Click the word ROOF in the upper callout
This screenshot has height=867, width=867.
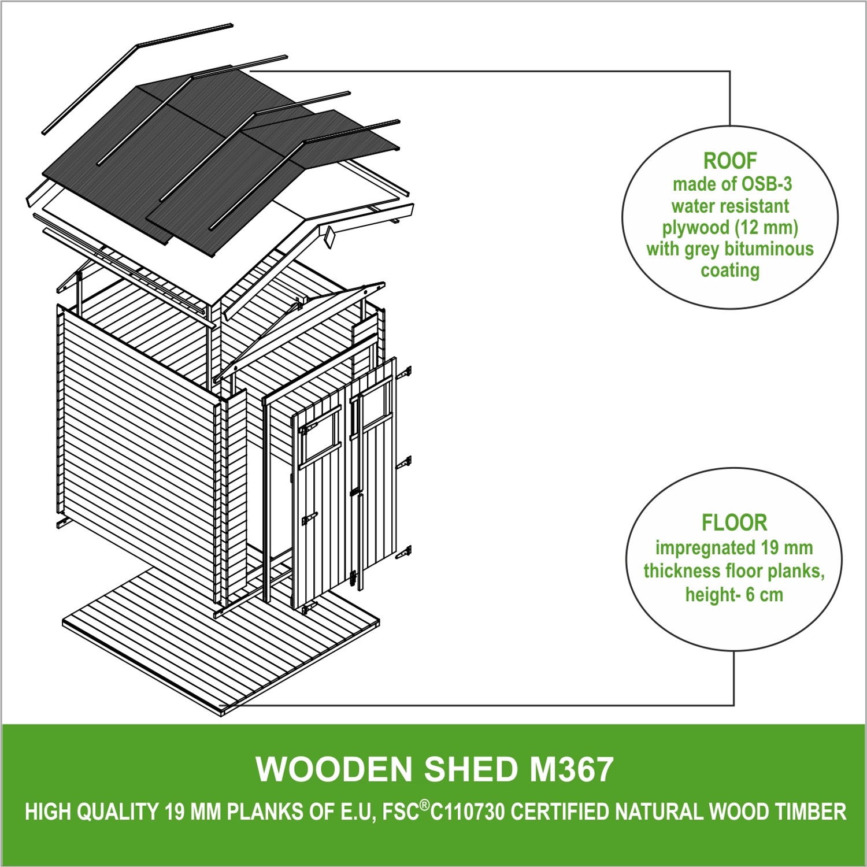click(729, 161)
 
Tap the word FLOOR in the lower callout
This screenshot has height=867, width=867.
click(734, 523)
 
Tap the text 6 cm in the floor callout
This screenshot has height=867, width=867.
click(764, 594)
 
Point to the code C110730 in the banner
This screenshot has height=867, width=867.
click(467, 812)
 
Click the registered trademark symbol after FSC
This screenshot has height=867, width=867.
click(424, 805)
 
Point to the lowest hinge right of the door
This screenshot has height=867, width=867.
click(404, 553)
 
